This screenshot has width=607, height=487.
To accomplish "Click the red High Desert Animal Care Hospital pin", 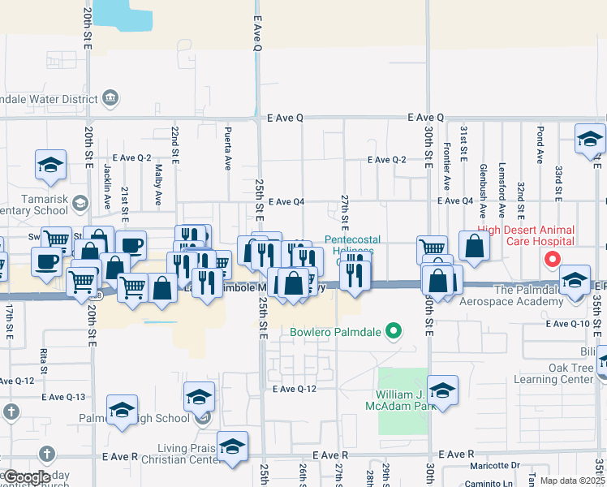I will click(553, 260).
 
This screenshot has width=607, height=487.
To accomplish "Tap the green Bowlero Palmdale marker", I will click(394, 330).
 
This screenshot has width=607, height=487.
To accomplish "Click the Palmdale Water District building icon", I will click(111, 100).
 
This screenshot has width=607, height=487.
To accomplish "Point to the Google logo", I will click(27, 477).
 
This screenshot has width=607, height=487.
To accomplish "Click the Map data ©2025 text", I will click(572, 481).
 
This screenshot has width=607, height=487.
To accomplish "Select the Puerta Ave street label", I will click(228, 147).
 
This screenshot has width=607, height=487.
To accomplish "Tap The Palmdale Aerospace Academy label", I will click(527, 295).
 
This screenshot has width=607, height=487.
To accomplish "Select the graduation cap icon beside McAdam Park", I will click(443, 390).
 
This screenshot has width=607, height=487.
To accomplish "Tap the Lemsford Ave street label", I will click(502, 196).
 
